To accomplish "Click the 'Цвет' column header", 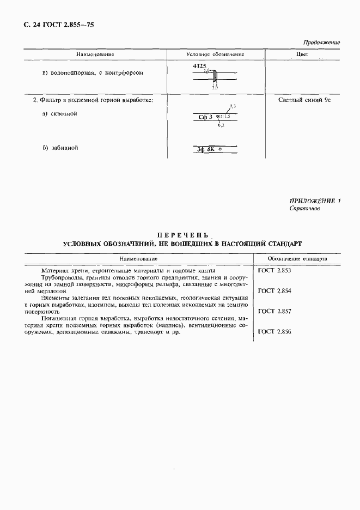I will [x=302, y=54].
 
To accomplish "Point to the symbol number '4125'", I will [x=200, y=65].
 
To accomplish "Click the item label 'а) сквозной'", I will [x=59, y=113].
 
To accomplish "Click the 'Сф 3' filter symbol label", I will [x=204, y=117].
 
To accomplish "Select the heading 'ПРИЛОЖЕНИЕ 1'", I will [x=314, y=201].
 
